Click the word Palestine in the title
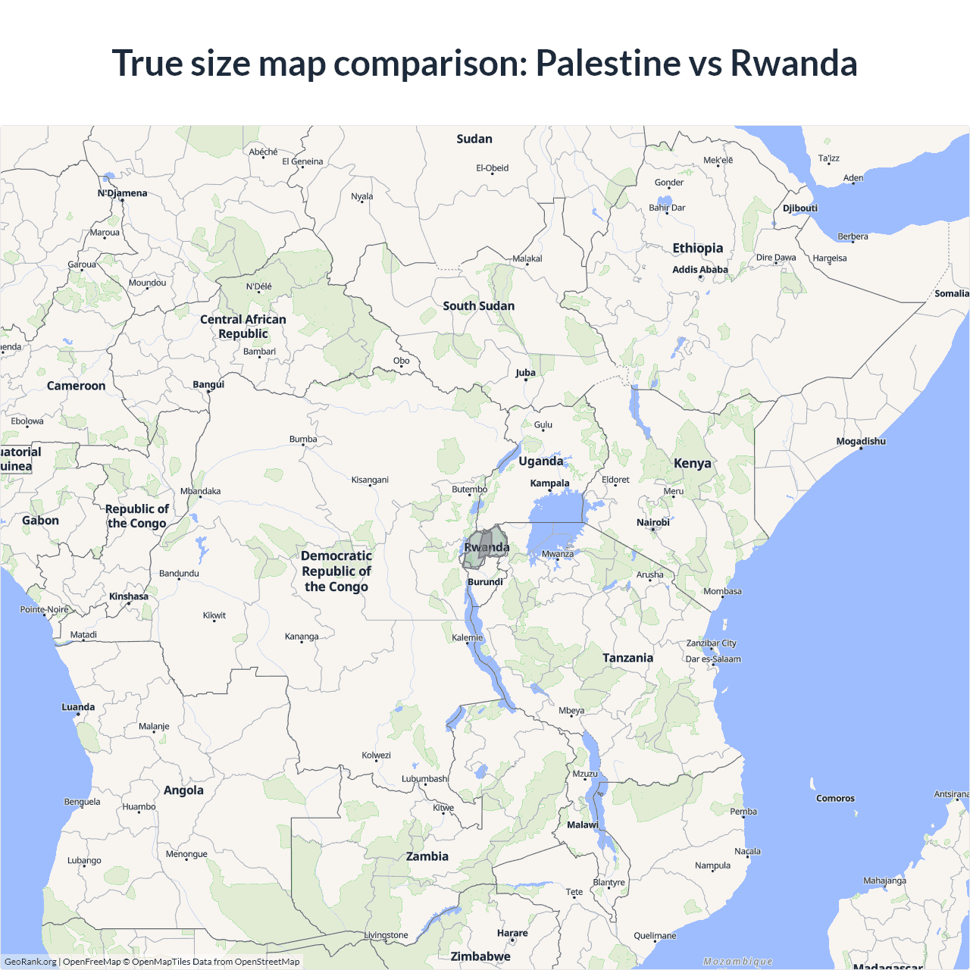pyautogui.click(x=608, y=63)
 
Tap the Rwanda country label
pyautogui.click(x=487, y=547)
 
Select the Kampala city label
pyautogui.click(x=549, y=483)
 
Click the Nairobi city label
pyautogui.click(x=652, y=523)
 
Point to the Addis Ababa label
pyautogui.click(x=699, y=270)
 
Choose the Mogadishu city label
pyautogui.click(x=860, y=442)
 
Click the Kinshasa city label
pyautogui.click(x=129, y=596)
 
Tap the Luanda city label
pyautogui.click(x=78, y=707)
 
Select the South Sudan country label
pyautogui.click(x=478, y=306)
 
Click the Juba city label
pyautogui.click(x=525, y=373)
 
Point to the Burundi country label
pyautogui.click(x=485, y=582)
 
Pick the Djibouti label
pyautogui.click(x=800, y=208)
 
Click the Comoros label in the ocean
pyautogui.click(x=835, y=799)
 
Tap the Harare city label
pyautogui.click(x=512, y=934)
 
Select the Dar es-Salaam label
pyautogui.click(x=713, y=659)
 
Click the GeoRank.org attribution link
pyautogui.click(x=30, y=962)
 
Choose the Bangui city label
pyautogui.click(x=208, y=385)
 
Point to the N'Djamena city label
pyautogui.click(x=122, y=193)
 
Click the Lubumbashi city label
pyautogui.click(x=425, y=779)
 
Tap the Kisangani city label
pyautogui.click(x=370, y=480)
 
